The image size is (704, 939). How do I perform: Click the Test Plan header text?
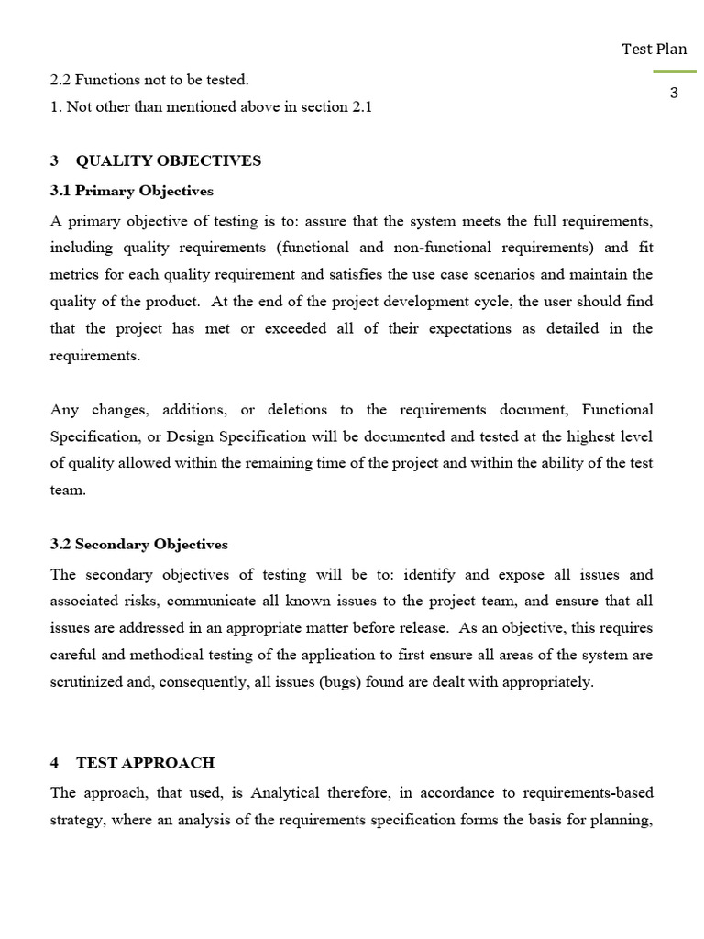pyautogui.click(x=654, y=49)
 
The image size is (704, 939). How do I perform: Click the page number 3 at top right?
pyautogui.click(x=674, y=93)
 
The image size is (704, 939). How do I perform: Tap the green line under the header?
pyautogui.click(x=674, y=72)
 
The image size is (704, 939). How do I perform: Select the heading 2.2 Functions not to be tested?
pyautogui.click(x=149, y=80)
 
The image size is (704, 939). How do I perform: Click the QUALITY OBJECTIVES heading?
pyautogui.click(x=168, y=160)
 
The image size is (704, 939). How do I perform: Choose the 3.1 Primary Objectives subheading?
pyautogui.click(x=131, y=191)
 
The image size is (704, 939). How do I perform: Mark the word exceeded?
pyautogui.click(x=301, y=328)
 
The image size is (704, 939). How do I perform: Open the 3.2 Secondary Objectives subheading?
pyautogui.click(x=138, y=544)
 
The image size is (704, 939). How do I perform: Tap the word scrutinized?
pyautogui.click(x=90, y=682)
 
